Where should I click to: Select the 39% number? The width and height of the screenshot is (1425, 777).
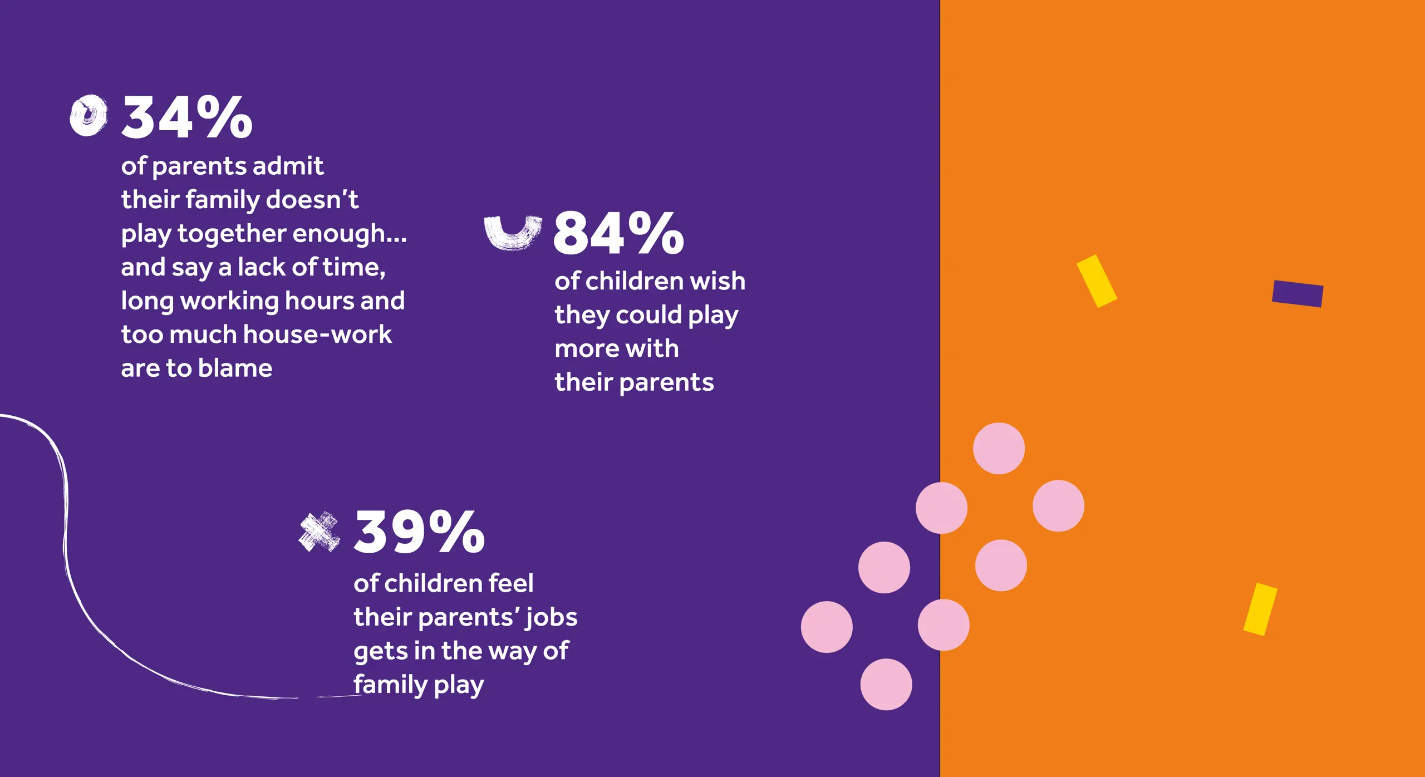(x=419, y=532)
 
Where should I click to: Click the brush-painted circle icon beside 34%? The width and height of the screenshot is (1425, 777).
(x=89, y=115)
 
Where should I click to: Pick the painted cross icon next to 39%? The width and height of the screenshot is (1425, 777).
(x=319, y=532)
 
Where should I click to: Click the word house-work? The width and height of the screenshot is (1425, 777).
(x=317, y=334)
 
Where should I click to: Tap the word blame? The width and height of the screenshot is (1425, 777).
(x=235, y=368)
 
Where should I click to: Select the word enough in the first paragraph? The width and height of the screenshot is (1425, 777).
(x=346, y=234)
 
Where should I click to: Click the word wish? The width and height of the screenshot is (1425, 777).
(x=718, y=281)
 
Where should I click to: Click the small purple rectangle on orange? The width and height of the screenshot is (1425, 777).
(x=1298, y=293)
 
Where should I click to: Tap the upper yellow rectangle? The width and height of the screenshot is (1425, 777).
(x=1097, y=281)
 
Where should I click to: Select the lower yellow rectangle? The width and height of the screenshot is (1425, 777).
(x=1260, y=609)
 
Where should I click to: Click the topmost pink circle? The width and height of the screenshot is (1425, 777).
(x=999, y=449)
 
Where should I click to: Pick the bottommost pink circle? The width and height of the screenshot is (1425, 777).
(x=886, y=684)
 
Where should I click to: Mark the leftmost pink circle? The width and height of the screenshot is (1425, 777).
(x=827, y=627)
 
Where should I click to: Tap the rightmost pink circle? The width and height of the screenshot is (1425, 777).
(x=1058, y=506)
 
